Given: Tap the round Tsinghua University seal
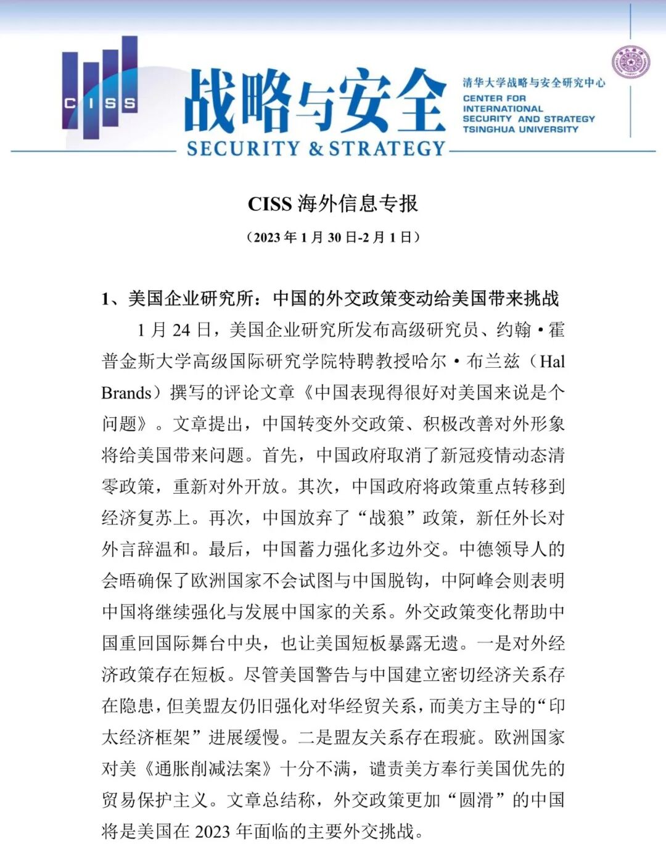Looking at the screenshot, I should coord(630,63).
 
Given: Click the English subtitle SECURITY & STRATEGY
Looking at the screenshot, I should coord(316,149).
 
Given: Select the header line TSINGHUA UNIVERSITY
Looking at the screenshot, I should coord(520,130).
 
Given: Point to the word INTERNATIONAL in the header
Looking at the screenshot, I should coord(503,109).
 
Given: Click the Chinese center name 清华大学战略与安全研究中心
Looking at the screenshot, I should coord(534,83).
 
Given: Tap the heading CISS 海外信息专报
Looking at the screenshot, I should coord(332,204).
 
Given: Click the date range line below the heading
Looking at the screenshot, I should coord(332,238).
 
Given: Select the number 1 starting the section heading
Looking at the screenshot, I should coord(106,299).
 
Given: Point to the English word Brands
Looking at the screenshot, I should coord(126,393).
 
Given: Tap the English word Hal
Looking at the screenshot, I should coord(552,362).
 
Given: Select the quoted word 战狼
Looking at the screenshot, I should coord(387,518).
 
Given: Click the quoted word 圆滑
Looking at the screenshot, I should coord(476,800).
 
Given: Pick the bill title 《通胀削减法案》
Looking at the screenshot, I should coord(208,769).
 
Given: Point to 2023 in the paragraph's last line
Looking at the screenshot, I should coord(213,831).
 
